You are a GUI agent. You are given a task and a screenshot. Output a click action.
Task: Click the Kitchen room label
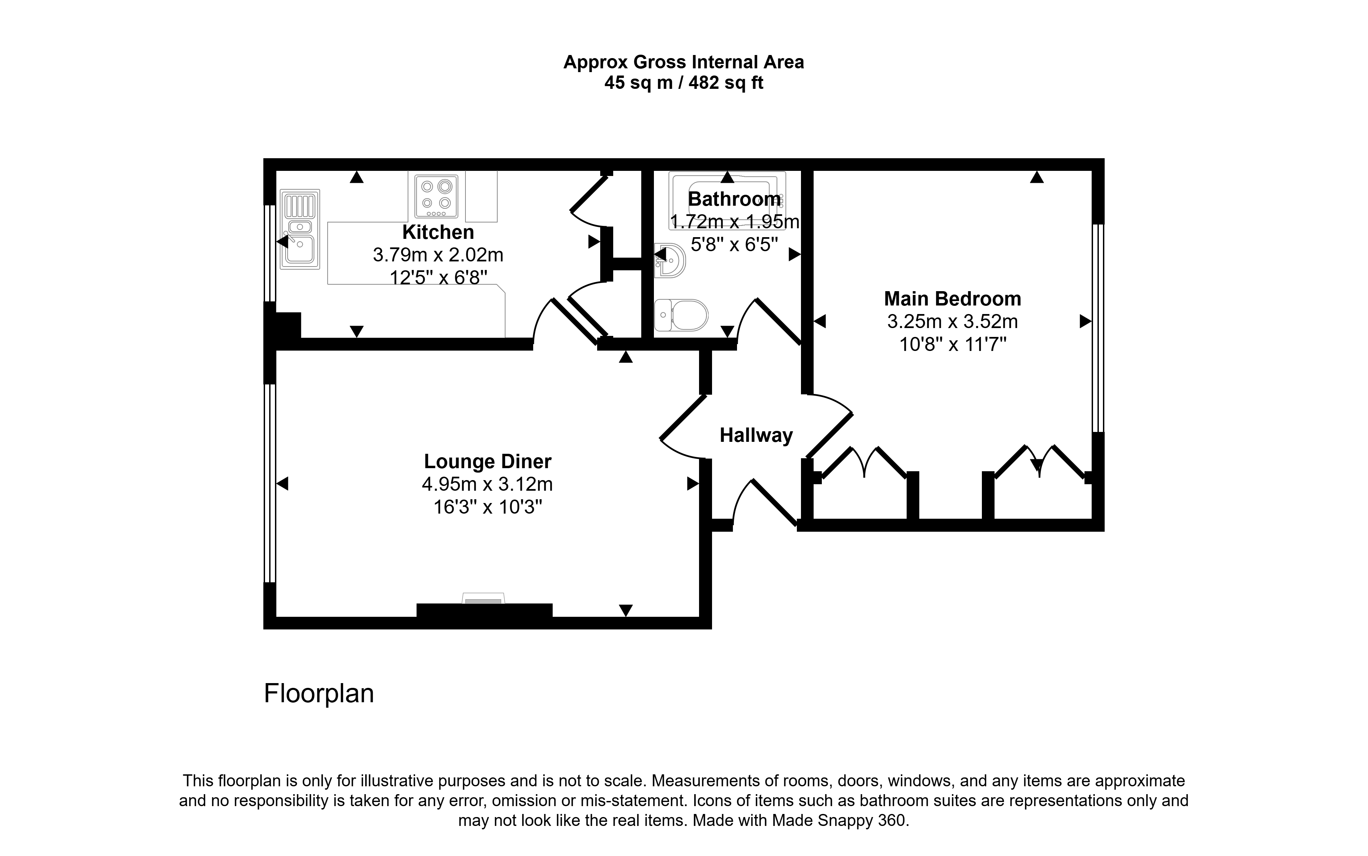[x=438, y=232]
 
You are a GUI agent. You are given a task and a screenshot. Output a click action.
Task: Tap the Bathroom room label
[x=734, y=199]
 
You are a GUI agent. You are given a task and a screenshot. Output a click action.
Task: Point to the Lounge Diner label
[x=487, y=461]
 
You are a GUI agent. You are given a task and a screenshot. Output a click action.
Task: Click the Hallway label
[x=756, y=435]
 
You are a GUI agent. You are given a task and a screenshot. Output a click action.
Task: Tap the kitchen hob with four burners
[x=436, y=196]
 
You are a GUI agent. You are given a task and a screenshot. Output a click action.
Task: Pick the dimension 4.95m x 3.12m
[x=487, y=484]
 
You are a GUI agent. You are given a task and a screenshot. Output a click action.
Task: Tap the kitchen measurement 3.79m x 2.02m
[x=438, y=255]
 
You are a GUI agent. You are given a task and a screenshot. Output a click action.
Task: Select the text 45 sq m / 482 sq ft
[x=684, y=83]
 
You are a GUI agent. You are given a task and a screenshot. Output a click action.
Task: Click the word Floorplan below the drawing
[x=319, y=694]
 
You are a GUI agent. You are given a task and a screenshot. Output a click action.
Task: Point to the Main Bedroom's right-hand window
[x=1098, y=328]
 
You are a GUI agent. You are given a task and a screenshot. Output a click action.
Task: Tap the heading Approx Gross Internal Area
[x=684, y=62]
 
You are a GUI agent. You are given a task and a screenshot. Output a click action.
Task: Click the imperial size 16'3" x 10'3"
[x=487, y=507]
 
